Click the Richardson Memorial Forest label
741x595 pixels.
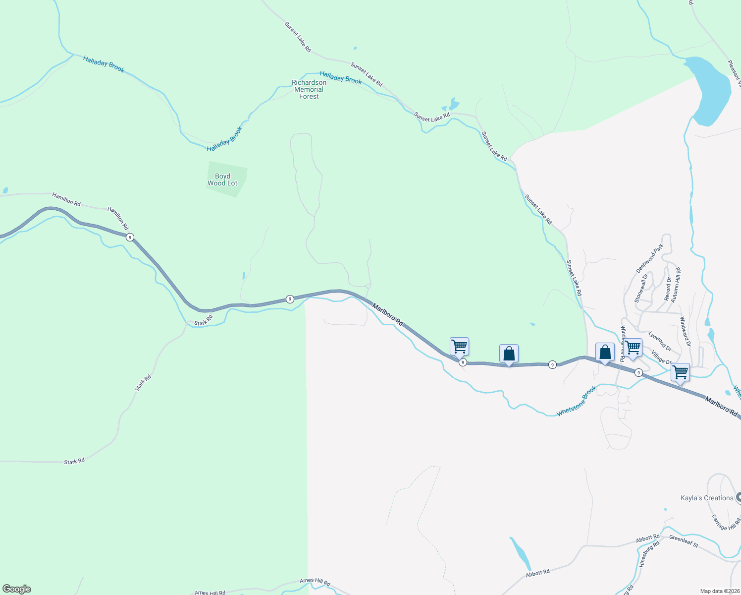[x=309, y=90]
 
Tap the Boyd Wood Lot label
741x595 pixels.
[x=222, y=179]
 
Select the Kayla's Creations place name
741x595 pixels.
[x=707, y=498]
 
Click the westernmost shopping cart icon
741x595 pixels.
[x=459, y=346]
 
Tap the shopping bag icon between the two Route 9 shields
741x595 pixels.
[x=509, y=354]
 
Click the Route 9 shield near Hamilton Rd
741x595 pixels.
[x=130, y=238]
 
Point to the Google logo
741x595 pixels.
[x=17, y=589]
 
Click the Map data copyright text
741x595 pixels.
[x=720, y=591]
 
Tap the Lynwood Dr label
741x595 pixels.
[x=660, y=342]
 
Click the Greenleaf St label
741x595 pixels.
[x=684, y=541]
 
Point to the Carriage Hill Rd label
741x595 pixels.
[x=726, y=523]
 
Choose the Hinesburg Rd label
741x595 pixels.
[x=649, y=554]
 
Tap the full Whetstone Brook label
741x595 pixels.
[x=577, y=402]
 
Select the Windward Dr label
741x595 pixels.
[x=685, y=332]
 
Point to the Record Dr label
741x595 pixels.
[x=668, y=289]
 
